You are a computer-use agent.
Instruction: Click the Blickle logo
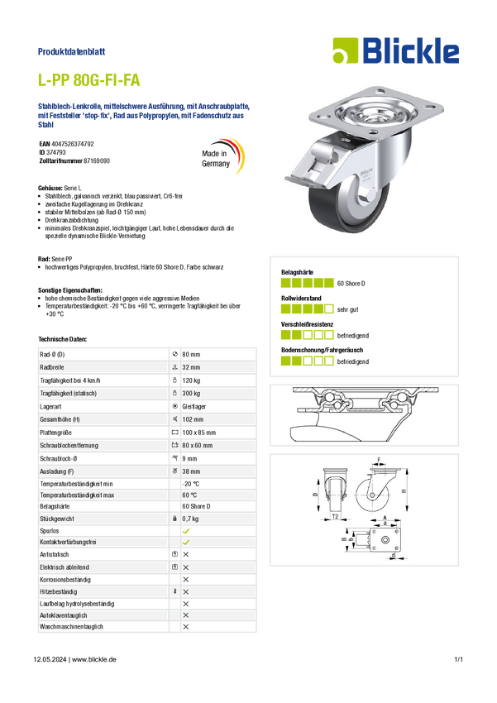click(396, 50)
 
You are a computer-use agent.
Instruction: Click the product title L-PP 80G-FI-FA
click(88, 80)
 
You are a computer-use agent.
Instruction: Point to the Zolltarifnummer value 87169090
click(97, 160)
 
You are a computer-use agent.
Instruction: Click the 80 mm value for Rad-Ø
click(191, 354)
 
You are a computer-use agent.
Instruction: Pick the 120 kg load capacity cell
click(191, 380)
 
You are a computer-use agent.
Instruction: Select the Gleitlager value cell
click(194, 407)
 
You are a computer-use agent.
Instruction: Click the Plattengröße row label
click(55, 433)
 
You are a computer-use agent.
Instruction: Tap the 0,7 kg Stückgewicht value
click(190, 519)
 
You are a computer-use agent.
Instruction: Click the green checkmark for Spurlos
click(186, 531)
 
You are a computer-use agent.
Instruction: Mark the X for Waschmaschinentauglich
click(186, 627)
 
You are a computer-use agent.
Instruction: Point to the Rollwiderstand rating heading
click(301, 298)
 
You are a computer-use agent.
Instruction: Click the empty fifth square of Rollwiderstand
click(329, 309)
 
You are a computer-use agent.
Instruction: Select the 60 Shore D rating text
click(351, 284)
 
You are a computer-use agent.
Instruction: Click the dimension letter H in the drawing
click(404, 491)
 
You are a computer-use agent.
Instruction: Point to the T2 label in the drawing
click(335, 516)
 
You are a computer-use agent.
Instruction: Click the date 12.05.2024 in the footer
click(50, 659)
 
